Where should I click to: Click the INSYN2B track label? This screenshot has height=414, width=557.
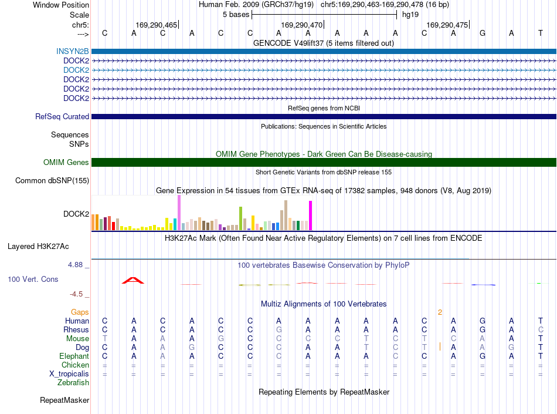click(73, 51)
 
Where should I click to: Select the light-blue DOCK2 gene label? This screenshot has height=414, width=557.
click(76, 70)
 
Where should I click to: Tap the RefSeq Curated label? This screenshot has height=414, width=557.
click(62, 117)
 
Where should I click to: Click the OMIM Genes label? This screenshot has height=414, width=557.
click(66, 163)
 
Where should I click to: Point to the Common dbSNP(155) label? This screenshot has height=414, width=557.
click(52, 181)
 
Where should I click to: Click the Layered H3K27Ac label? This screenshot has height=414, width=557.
click(38, 247)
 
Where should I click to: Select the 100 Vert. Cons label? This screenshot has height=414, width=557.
click(33, 279)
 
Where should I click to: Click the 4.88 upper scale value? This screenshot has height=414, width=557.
click(75, 265)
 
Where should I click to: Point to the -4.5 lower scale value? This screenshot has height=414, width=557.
click(76, 294)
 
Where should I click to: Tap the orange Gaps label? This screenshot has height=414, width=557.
click(80, 312)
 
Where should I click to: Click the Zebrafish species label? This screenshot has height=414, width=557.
click(73, 383)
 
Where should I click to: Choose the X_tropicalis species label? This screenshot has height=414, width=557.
click(69, 374)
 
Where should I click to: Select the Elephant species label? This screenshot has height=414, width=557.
click(74, 356)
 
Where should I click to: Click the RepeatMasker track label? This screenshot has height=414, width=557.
click(64, 400)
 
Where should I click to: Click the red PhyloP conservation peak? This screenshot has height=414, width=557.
click(133, 281)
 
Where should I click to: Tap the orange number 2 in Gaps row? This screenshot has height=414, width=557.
click(440, 312)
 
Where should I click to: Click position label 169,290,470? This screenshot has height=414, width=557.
click(301, 25)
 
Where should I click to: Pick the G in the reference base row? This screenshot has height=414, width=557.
click(483, 33)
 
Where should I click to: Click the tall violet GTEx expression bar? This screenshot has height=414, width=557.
click(179, 213)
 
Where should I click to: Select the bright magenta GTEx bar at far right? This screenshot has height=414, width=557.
click(311, 216)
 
